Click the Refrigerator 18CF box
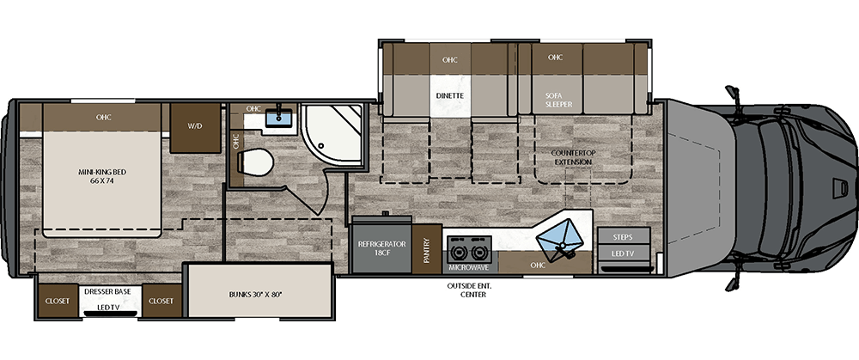pos(381,249)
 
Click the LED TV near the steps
pos(623,254)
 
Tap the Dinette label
pos(449,95)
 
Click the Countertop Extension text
pos(572,156)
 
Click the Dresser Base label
pos(107,292)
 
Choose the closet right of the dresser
pos(161,301)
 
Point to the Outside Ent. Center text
pos(466,290)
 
